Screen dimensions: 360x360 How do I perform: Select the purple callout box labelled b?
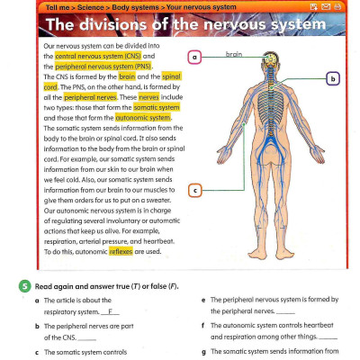[x=334, y=79]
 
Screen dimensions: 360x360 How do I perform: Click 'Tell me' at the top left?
[x=57, y=5]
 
